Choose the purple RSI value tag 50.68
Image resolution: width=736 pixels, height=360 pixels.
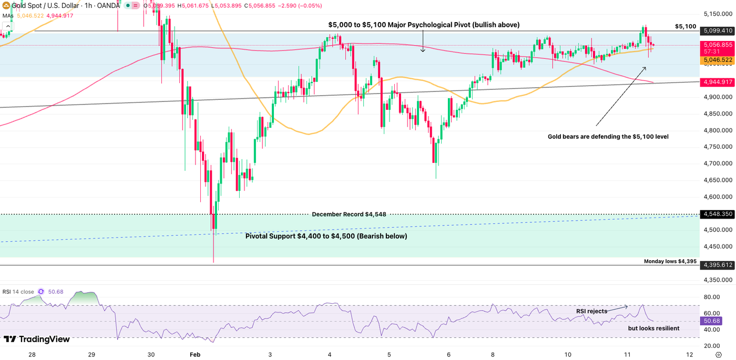[713, 321]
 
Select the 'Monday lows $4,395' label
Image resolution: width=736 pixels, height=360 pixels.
[670, 261]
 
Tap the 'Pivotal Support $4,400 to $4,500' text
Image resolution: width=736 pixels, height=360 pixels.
[326, 236]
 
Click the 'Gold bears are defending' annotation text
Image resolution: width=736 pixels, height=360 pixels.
[608, 137]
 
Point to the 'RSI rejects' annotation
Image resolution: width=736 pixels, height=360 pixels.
[591, 311]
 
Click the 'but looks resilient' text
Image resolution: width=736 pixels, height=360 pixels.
[653, 328]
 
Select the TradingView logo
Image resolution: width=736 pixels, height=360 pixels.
[37, 340]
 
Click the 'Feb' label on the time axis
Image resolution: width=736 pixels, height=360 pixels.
[196, 355]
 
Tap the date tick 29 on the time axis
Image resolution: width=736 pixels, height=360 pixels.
[91, 355]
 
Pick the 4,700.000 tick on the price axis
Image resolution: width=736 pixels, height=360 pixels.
[718, 163]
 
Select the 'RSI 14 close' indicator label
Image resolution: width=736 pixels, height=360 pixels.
[18, 292]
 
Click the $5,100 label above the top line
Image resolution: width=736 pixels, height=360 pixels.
[686, 26]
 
